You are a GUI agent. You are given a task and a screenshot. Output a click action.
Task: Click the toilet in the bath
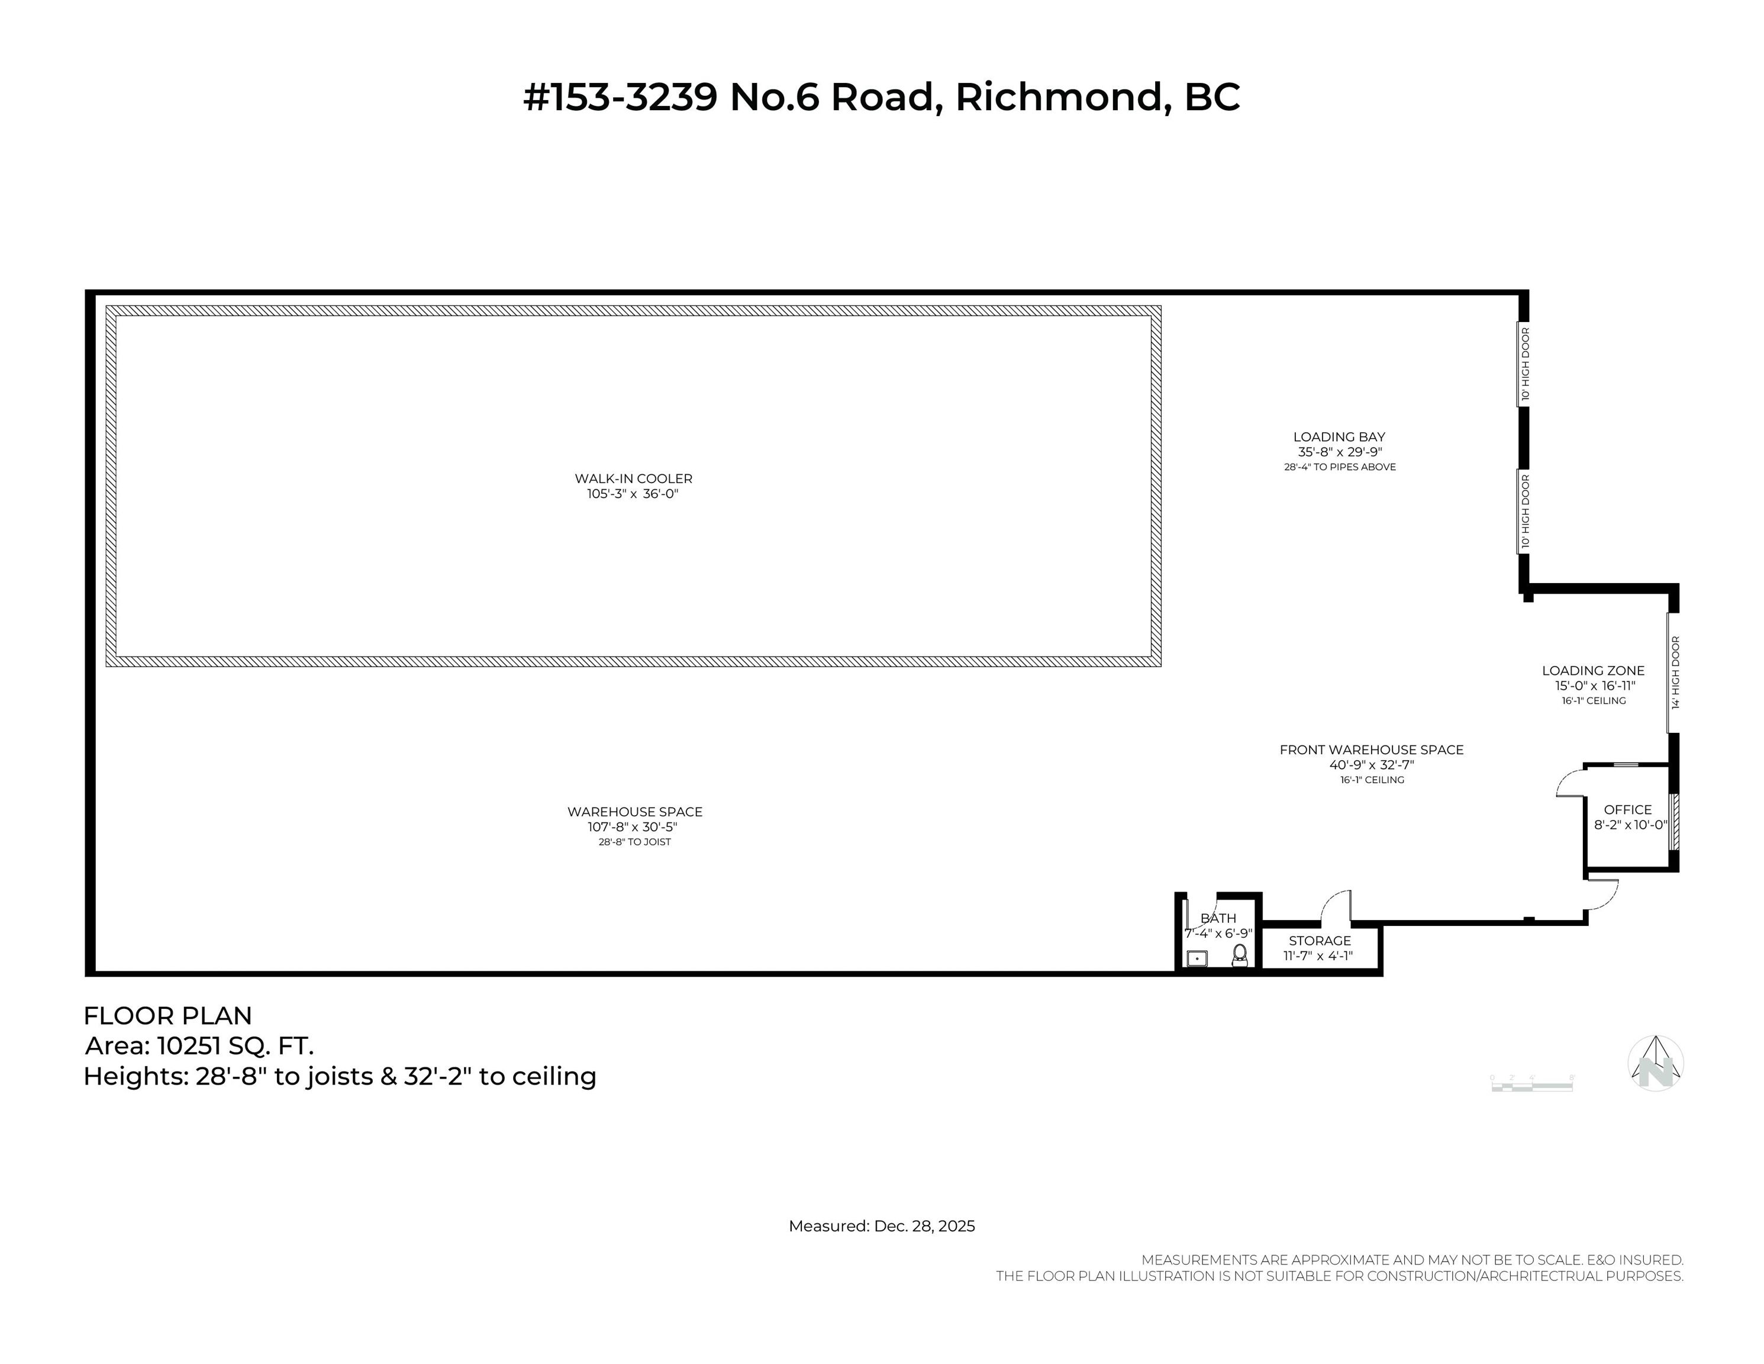click(1240, 956)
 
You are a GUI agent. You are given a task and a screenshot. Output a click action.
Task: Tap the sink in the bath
click(1197, 959)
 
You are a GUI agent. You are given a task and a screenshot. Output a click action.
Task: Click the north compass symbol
click(1656, 1063)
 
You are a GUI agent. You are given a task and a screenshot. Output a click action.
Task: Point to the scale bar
click(1531, 1085)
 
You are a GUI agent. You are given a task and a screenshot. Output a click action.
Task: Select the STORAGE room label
click(1320, 941)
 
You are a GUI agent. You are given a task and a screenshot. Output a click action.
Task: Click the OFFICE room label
click(1627, 810)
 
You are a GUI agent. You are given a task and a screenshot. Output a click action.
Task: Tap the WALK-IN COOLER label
click(633, 478)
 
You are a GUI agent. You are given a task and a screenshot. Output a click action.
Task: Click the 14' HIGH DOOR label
click(1675, 673)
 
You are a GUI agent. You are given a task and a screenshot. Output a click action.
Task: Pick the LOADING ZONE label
click(1593, 671)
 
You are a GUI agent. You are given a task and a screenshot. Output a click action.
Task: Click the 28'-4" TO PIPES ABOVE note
click(1340, 467)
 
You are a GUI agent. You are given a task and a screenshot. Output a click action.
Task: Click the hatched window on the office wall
click(1674, 821)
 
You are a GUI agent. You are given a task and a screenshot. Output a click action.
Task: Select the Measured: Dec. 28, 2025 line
click(881, 1226)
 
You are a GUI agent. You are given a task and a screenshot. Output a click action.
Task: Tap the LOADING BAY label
click(1339, 437)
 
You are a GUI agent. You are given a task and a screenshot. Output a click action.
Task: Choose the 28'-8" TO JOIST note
click(635, 842)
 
